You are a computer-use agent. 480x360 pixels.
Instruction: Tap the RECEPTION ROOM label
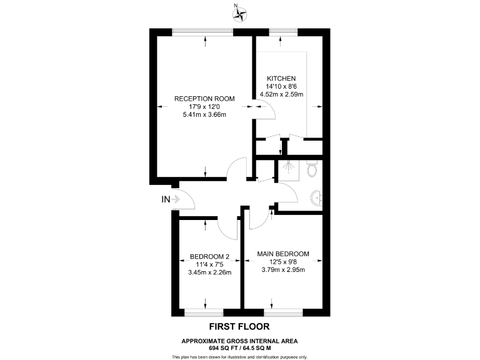click(x=204, y=99)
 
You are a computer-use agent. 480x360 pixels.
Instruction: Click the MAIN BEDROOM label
click(x=283, y=254)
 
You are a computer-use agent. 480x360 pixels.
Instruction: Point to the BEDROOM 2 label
click(x=210, y=256)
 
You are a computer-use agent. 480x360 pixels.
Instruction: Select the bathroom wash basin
click(x=316, y=199)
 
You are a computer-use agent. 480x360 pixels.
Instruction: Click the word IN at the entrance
click(x=166, y=199)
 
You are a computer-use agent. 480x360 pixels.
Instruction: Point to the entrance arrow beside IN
click(x=177, y=200)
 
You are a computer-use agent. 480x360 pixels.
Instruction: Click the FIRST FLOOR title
click(x=239, y=327)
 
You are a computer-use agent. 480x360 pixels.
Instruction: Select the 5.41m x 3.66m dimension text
click(x=204, y=115)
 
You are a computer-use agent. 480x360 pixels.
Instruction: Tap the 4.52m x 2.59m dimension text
click(x=281, y=95)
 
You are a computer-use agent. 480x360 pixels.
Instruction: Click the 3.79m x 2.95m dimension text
click(x=283, y=270)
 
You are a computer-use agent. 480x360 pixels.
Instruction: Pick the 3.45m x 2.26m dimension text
click(x=210, y=272)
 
